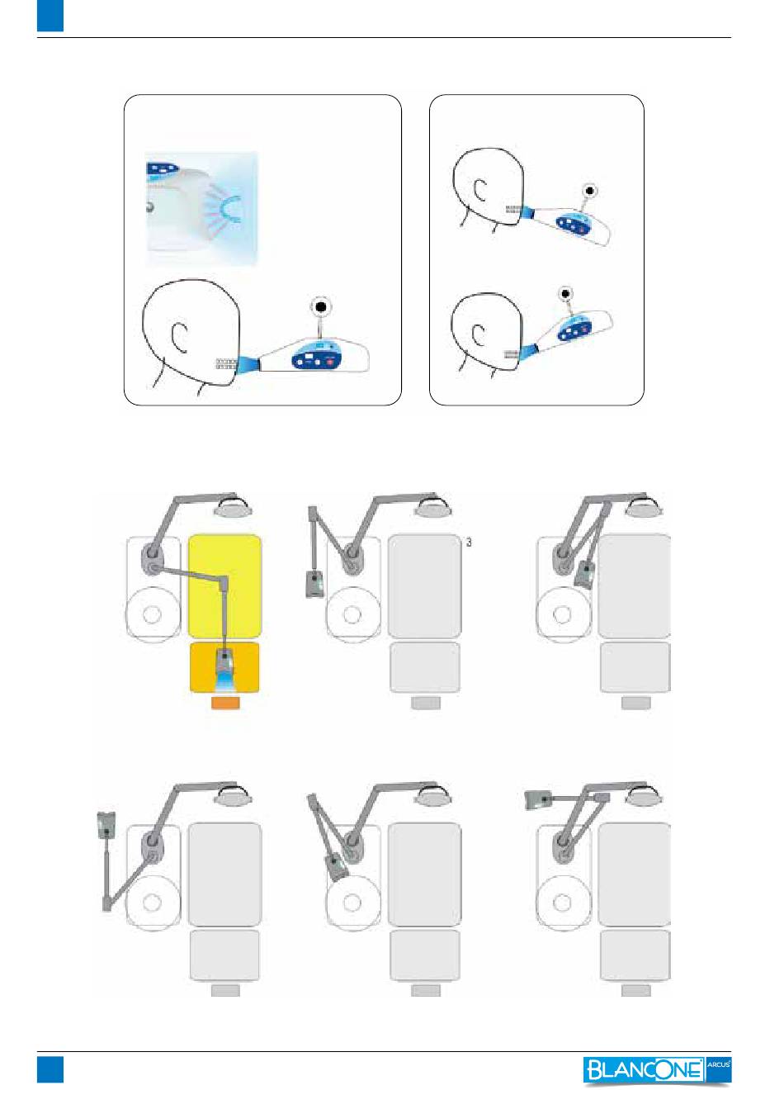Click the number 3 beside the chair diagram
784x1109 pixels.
tap(469, 543)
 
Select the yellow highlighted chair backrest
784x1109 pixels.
tap(224, 585)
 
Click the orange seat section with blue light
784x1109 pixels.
tap(224, 667)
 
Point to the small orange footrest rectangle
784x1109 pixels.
tap(225, 703)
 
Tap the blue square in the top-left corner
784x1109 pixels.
tap(50, 16)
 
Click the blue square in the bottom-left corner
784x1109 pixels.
tap(50, 1069)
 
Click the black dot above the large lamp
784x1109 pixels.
tap(321, 307)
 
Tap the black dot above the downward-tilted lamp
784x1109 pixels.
tap(589, 191)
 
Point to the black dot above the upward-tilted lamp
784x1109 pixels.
tap(565, 294)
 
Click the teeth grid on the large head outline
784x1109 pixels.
tap(227, 364)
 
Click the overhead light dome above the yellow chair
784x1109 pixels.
tap(234, 508)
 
